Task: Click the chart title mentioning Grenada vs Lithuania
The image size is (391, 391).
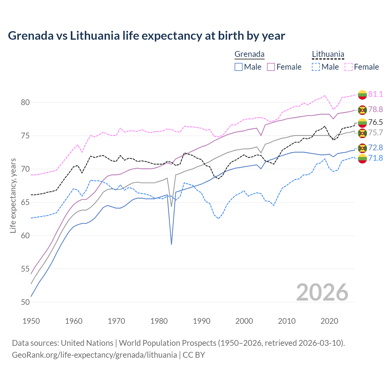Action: pyautogui.click(x=146, y=36)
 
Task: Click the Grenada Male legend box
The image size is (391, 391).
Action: pyautogui.click(x=239, y=67)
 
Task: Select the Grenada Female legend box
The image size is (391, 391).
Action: pyautogui.click(x=271, y=67)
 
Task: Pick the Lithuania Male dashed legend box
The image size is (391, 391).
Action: pyautogui.click(x=316, y=67)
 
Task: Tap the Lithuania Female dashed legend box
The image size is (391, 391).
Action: pyautogui.click(x=348, y=67)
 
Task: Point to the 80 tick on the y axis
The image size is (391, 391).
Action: pyautogui.click(x=25, y=102)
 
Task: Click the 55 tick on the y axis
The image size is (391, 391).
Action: pyautogui.click(x=25, y=269)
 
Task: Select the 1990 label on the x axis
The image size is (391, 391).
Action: pyautogui.click(x=202, y=321)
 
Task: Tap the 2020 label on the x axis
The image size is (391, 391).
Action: pyautogui.click(x=329, y=321)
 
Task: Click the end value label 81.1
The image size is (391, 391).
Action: pyautogui.click(x=375, y=94)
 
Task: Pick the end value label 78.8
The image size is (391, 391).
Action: pyautogui.click(x=375, y=109)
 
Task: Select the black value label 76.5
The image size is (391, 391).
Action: pyautogui.click(x=375, y=122)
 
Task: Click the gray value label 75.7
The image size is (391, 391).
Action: pyautogui.click(x=375, y=133)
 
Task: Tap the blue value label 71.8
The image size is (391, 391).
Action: pyautogui.click(x=375, y=158)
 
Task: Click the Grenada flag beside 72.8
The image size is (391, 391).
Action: pyautogui.click(x=362, y=148)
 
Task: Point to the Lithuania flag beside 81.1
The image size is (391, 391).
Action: pyautogui.click(x=362, y=94)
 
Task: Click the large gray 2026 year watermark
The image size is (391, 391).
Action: pyautogui.click(x=322, y=292)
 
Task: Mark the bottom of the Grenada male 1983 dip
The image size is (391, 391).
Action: pyautogui.click(x=171, y=244)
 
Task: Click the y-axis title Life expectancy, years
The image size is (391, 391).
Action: pyautogui.click(x=13, y=195)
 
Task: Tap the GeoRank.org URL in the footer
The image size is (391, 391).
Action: pyautogui.click(x=94, y=355)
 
